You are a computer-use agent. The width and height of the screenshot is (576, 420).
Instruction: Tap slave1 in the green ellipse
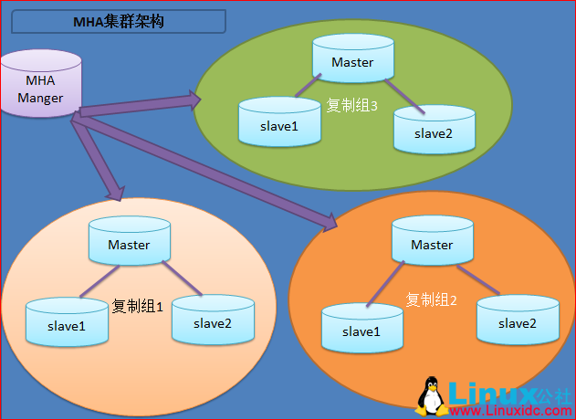(x=278, y=124)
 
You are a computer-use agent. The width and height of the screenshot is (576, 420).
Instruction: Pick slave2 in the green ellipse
(x=434, y=131)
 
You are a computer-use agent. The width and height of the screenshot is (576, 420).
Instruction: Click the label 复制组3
(x=352, y=105)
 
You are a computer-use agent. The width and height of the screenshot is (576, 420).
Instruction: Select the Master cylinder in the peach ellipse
(x=129, y=244)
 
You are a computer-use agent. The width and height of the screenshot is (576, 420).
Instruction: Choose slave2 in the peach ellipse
(x=213, y=320)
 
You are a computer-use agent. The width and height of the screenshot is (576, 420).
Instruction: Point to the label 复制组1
(x=137, y=306)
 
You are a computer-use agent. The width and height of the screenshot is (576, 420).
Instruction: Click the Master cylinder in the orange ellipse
(x=432, y=244)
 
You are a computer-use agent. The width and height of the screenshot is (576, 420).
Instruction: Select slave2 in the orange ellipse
(x=517, y=320)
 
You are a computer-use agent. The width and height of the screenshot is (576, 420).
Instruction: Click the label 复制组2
(x=431, y=299)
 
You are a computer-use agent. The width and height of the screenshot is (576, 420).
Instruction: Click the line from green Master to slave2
(x=404, y=96)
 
